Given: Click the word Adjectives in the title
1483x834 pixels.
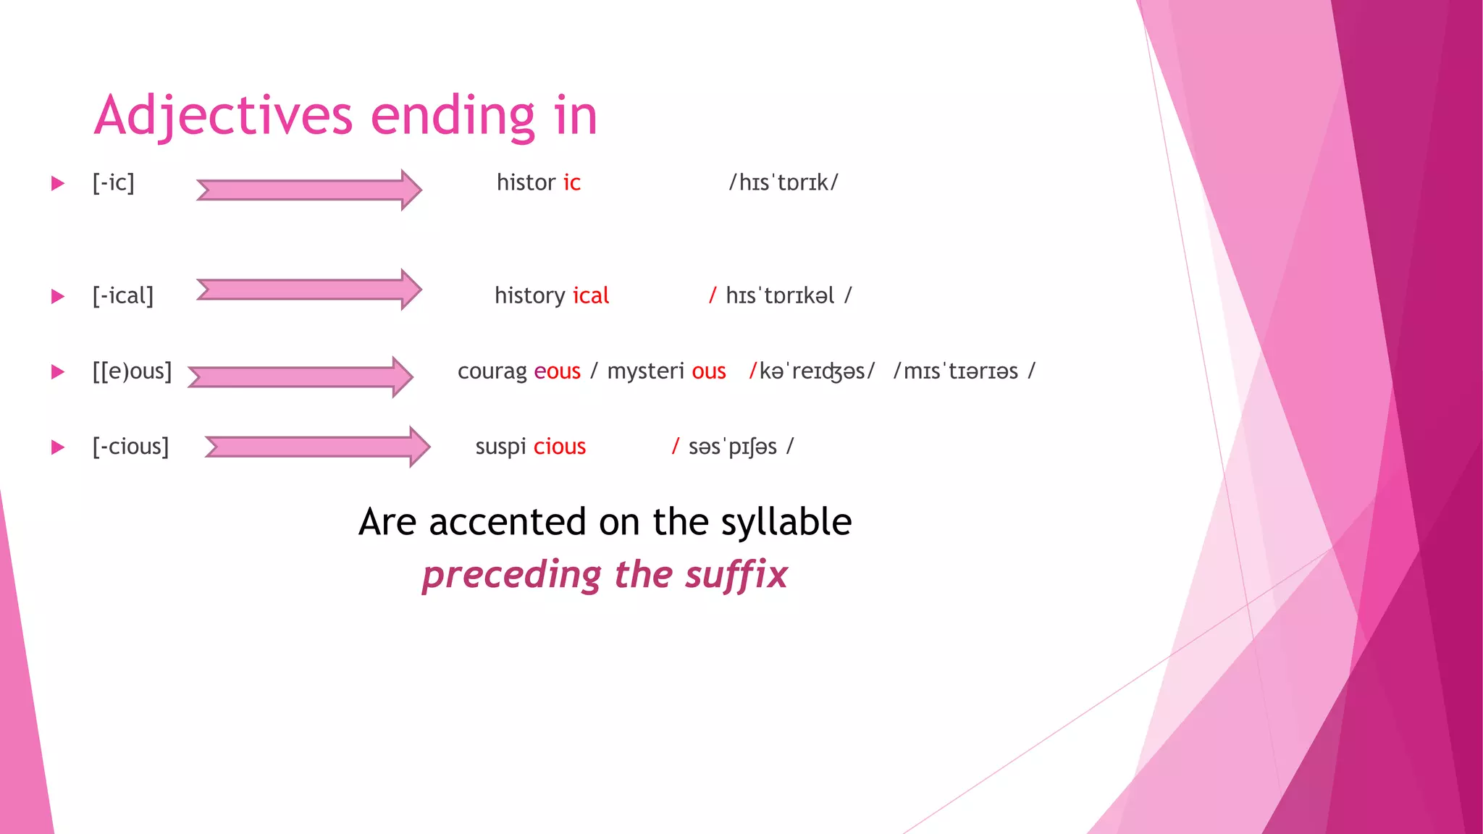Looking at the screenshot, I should pos(223,116).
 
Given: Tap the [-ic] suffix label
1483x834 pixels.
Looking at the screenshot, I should pos(113,182).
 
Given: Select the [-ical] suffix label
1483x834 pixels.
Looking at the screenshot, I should pos(122,295).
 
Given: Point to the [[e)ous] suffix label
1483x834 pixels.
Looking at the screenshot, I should pos(132,371).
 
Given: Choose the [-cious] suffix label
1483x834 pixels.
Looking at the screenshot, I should pos(130,447).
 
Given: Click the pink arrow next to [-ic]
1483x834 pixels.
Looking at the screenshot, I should pos(308,190).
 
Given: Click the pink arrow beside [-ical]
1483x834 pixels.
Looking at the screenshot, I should pos(308,290).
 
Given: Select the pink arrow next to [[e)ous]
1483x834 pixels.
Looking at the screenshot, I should pos(300,376).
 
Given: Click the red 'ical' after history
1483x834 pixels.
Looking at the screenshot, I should pos(591,295).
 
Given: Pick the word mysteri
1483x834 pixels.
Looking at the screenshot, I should pos(645,371).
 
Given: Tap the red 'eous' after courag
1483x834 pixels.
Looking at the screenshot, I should pos(557,371).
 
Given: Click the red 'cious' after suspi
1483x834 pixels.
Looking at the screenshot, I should pos(559,447).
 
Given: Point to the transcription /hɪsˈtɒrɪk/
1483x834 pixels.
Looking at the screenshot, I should pos(783,182).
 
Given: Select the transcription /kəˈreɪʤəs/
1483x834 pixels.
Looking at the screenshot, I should pos(812,371).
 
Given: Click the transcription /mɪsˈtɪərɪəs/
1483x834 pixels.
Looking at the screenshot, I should pos(963,371).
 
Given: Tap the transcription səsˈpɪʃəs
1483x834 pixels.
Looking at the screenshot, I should pos(732,447).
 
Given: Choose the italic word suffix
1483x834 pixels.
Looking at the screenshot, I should pos(736,575).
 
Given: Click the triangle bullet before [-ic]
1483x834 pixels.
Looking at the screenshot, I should pos(58,183).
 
